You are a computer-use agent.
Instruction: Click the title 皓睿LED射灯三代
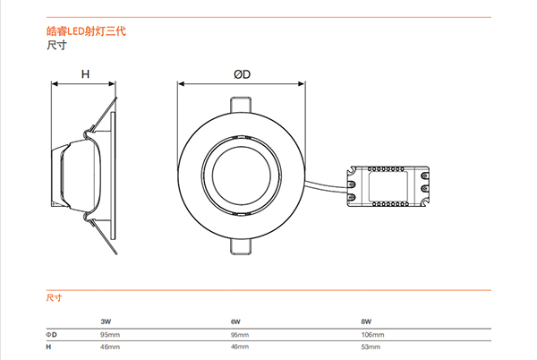click(x=86, y=31)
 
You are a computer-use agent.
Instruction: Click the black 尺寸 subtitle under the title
click(x=55, y=44)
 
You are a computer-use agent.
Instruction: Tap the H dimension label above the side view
click(x=85, y=75)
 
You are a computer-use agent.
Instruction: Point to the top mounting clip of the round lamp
click(x=242, y=103)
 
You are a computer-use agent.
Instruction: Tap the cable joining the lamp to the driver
click(x=327, y=185)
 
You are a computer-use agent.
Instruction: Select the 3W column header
click(x=106, y=320)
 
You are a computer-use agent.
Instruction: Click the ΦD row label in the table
click(x=52, y=334)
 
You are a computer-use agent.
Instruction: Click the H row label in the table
click(x=49, y=346)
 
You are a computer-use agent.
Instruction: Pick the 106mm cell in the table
click(x=371, y=334)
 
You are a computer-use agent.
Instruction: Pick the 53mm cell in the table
click(x=370, y=346)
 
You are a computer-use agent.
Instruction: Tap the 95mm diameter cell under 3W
click(x=110, y=334)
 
